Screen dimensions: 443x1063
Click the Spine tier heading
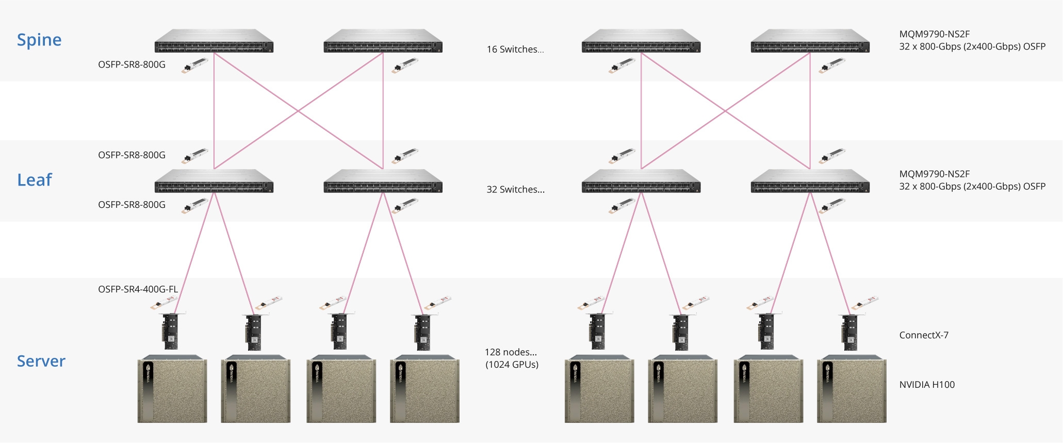pos(39,40)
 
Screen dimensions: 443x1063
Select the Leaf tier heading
pos(35,180)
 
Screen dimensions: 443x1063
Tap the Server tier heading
pos(41,361)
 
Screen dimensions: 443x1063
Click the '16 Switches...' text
pos(515,50)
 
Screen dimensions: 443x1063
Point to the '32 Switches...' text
pos(515,190)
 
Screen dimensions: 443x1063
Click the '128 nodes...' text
pos(511,352)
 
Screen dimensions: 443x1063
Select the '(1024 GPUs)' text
pos(512,365)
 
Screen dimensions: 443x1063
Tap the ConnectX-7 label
pos(924,335)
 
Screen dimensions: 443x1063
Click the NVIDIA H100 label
pos(927,385)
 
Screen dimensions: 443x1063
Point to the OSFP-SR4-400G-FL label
pos(138,289)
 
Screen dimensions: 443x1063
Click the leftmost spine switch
pos(214,41)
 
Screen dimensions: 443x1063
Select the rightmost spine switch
pos(810,41)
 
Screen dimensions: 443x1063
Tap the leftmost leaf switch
pos(214,182)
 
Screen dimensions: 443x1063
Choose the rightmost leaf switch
pos(810,182)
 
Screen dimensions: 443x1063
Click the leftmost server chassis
pos(172,389)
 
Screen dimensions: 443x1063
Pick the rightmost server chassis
pos(852,389)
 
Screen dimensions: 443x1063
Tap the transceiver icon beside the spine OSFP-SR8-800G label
pos(195,65)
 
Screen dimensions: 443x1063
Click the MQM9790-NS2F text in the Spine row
pos(935,35)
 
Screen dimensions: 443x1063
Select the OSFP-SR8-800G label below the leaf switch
pos(132,205)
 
